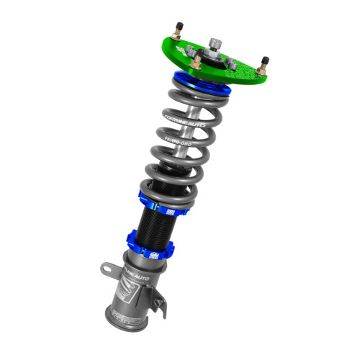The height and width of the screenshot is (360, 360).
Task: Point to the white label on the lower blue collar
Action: tap(153, 254)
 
